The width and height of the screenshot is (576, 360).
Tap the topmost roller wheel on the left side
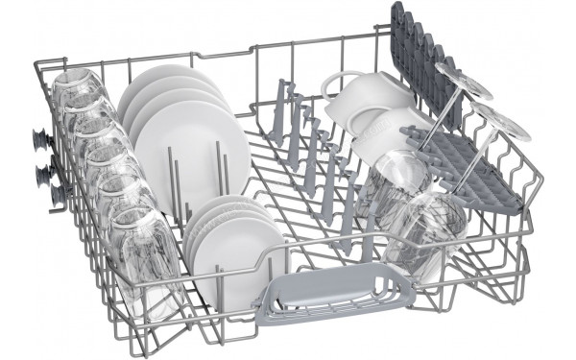click(42, 139)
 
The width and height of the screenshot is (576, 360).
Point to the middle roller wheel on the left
click(42, 173)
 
